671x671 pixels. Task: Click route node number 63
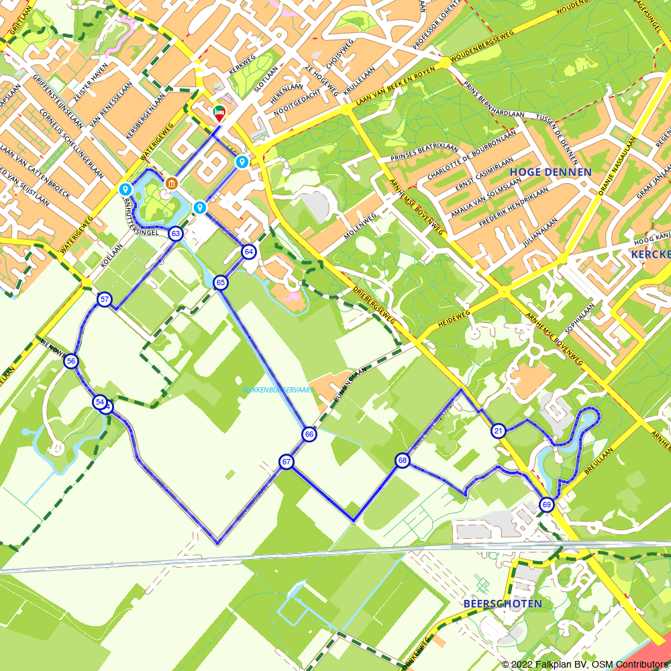point(176,234)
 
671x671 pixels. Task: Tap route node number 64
point(249,252)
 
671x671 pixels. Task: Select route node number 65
point(221,283)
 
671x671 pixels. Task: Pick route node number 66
point(309,434)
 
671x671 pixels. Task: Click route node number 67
point(287,462)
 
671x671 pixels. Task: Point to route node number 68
point(403,460)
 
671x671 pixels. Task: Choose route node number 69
point(547,505)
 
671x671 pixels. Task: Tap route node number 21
point(498,431)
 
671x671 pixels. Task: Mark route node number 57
point(104,299)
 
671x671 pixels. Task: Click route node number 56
point(70,362)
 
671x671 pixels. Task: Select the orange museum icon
point(172,183)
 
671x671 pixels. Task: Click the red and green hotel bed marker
point(219,113)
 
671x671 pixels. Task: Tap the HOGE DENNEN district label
point(550,172)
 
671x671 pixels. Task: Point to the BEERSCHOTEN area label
point(503,604)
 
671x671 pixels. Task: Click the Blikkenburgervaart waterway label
point(278,390)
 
